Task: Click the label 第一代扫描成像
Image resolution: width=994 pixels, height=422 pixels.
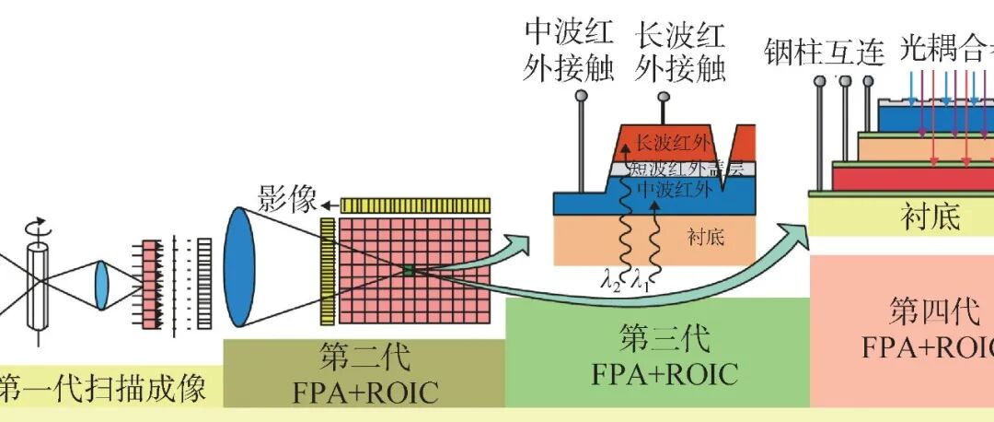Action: tap(101, 387)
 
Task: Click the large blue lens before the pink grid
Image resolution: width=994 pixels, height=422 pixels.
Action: tap(240, 266)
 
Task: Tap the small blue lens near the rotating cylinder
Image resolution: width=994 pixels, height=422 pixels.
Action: tap(101, 285)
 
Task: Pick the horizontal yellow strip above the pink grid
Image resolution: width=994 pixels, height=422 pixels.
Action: tap(415, 205)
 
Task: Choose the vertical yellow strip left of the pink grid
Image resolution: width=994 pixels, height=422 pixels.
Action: tap(328, 271)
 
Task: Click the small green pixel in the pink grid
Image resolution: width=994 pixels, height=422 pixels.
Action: tap(408, 270)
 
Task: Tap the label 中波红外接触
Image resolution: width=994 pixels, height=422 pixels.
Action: tap(568, 53)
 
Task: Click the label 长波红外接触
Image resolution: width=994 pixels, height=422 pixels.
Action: tap(679, 53)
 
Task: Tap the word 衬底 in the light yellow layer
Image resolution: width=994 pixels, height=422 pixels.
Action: tap(930, 218)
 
